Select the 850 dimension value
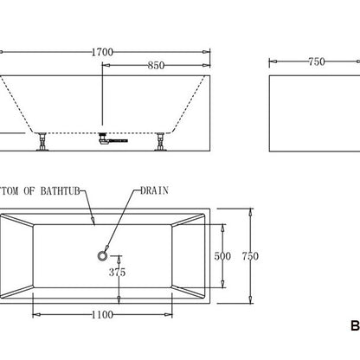click(x=157, y=64)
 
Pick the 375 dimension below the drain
click(x=118, y=272)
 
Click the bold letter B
click(x=353, y=326)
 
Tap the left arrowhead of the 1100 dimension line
click(x=36, y=315)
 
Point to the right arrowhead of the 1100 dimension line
click(x=170, y=315)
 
